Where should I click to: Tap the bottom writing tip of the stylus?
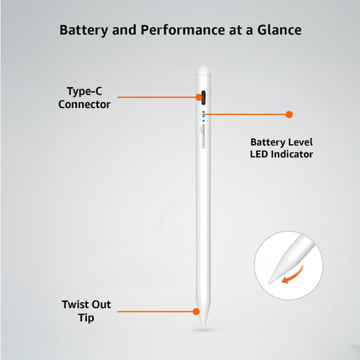pyautogui.click(x=202, y=316)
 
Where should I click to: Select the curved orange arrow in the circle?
pyautogui.click(x=291, y=276)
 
